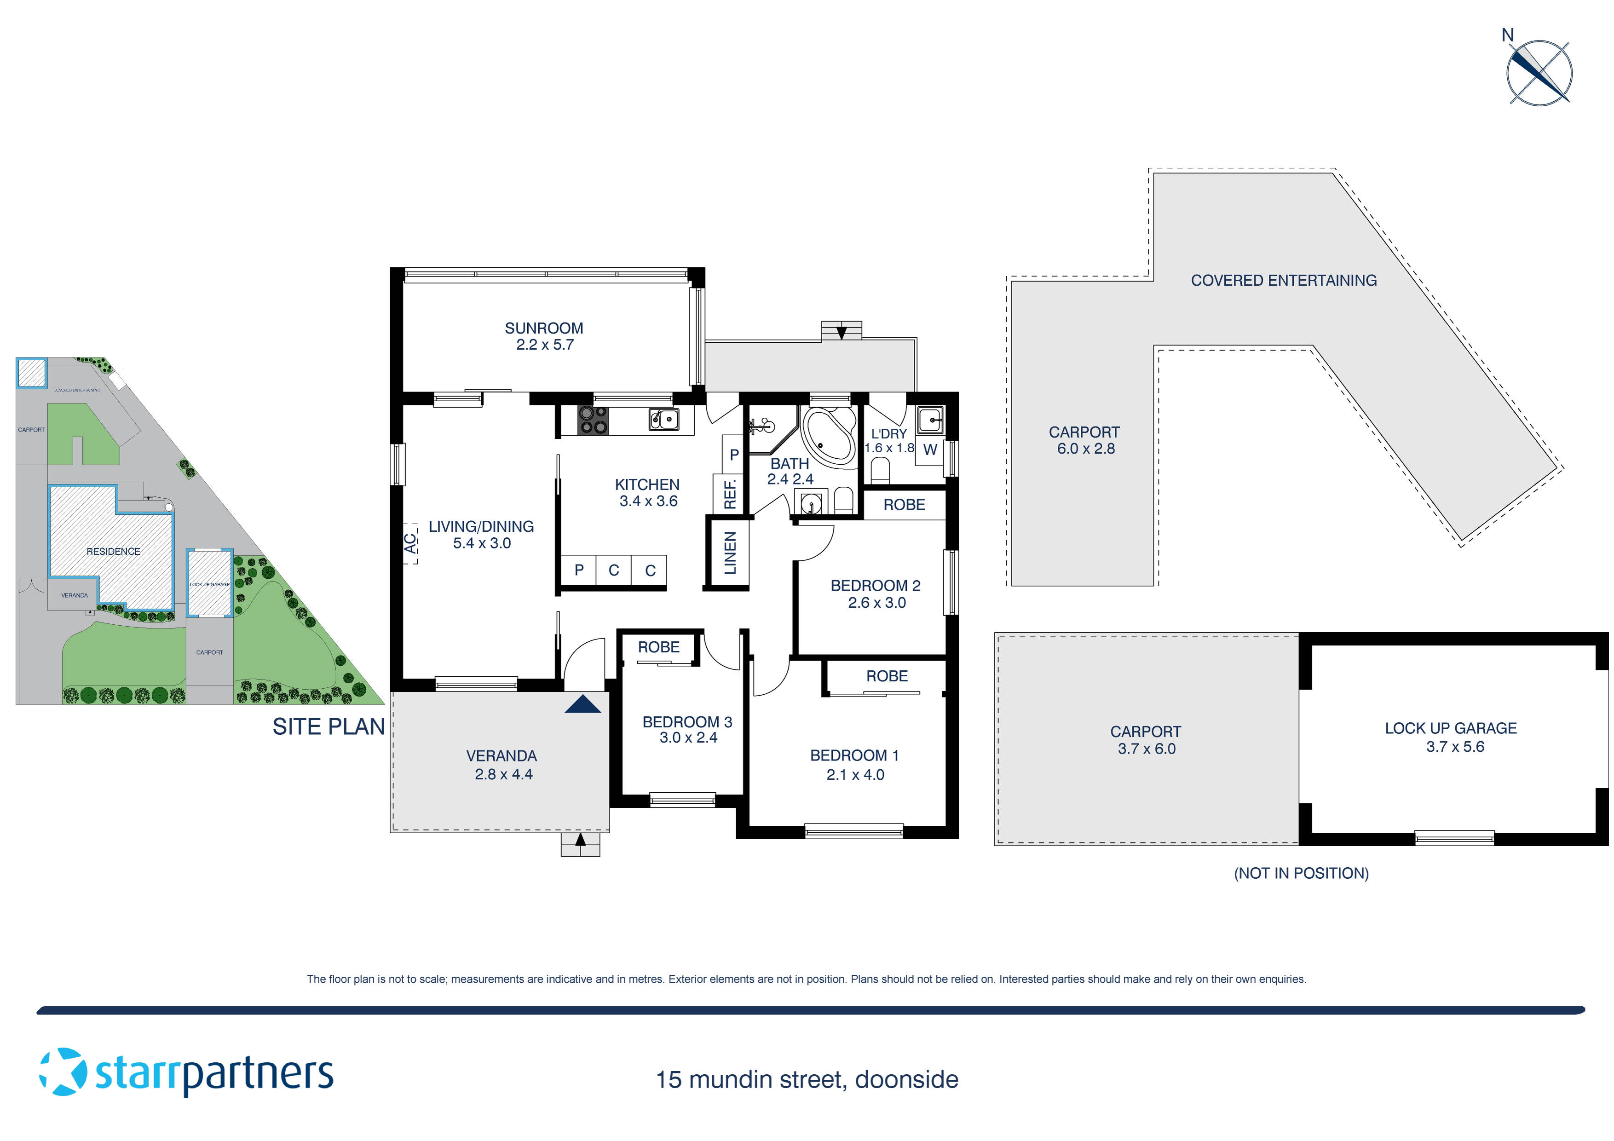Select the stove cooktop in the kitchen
(x=593, y=421)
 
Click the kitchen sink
(x=663, y=420)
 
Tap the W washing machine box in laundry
(x=929, y=450)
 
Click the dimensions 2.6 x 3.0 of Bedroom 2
(x=876, y=603)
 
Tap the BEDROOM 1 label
(x=854, y=755)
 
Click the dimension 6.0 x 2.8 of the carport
(x=1085, y=449)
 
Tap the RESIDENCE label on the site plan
(x=113, y=551)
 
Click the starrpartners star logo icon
(x=63, y=1072)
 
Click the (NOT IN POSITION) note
(x=1301, y=873)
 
